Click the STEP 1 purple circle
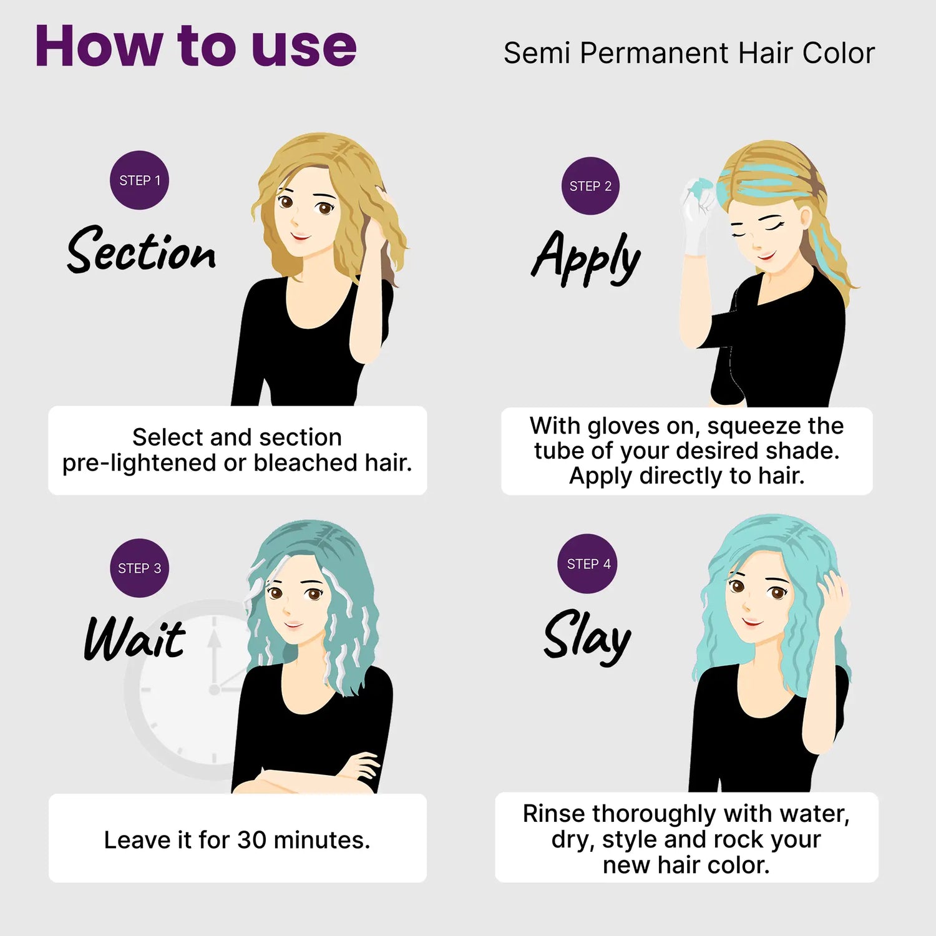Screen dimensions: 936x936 (x=139, y=180)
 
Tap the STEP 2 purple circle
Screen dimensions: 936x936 (x=590, y=186)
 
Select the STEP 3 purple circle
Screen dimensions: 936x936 (x=139, y=568)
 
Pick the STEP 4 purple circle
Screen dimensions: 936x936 (x=587, y=563)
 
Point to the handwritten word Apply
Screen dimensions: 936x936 (x=586, y=258)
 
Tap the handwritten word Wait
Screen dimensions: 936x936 (x=135, y=638)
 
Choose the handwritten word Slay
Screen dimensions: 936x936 (x=587, y=636)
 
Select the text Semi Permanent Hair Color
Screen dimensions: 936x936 (x=689, y=53)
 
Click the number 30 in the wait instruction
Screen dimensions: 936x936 (x=252, y=840)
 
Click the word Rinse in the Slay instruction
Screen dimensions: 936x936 (x=555, y=814)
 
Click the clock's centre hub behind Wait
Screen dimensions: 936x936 (x=214, y=690)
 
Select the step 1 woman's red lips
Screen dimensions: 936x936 (x=301, y=236)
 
